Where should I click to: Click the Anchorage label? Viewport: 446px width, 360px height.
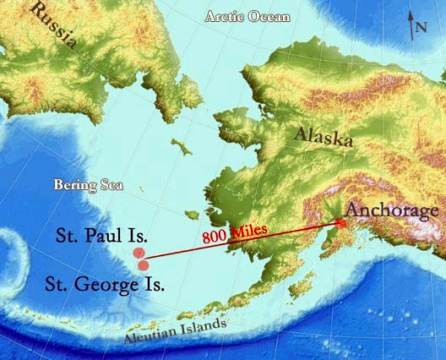coord(393,210)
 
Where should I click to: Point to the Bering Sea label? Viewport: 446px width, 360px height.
coord(88,183)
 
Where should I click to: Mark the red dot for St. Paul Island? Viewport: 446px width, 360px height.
coord(139,253)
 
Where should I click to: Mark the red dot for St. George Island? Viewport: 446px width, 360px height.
coord(144,265)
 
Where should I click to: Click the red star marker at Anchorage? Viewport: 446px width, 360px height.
coord(341,223)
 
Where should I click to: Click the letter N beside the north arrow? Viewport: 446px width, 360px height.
coord(421,27)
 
